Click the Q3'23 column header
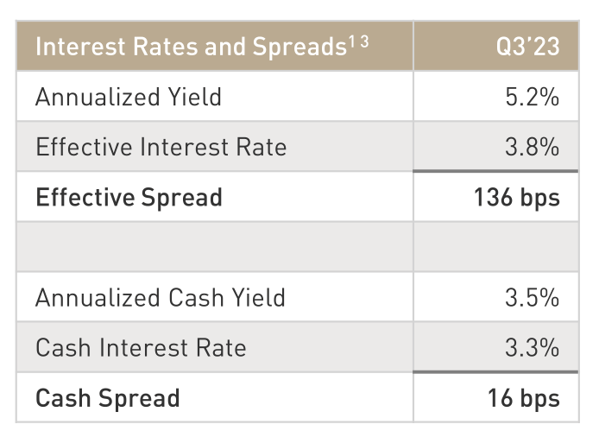pos(527,47)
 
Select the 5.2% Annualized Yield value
pos(532,97)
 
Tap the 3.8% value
pos(532,147)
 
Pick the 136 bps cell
pos(516,197)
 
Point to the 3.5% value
pos(532,298)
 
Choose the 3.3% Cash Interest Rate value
pos(532,348)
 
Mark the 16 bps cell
pos(523,398)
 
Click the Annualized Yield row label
pos(129,97)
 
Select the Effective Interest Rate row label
pos(161,147)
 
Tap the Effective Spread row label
pos(129,197)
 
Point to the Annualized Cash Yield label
pos(160,298)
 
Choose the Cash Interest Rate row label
pos(141,348)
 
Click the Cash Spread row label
pos(107,398)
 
